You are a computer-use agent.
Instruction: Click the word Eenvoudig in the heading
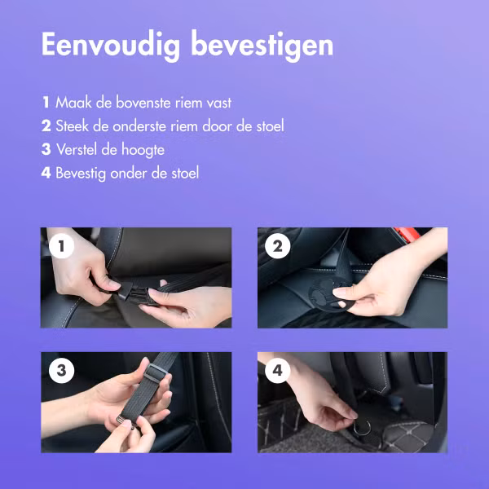pos(110,45)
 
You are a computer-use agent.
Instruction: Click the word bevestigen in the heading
pos(262,45)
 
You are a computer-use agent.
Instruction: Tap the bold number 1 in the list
pos(46,103)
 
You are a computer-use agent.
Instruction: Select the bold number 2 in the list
pos(46,126)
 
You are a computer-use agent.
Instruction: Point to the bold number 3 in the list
pos(46,150)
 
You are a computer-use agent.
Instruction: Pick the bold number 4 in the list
pos(46,173)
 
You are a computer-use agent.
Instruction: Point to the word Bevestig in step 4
pos(84,173)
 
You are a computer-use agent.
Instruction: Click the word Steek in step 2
pos(73,126)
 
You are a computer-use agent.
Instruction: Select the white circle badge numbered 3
pos(61,372)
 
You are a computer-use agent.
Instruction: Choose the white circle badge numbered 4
pos(278,372)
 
